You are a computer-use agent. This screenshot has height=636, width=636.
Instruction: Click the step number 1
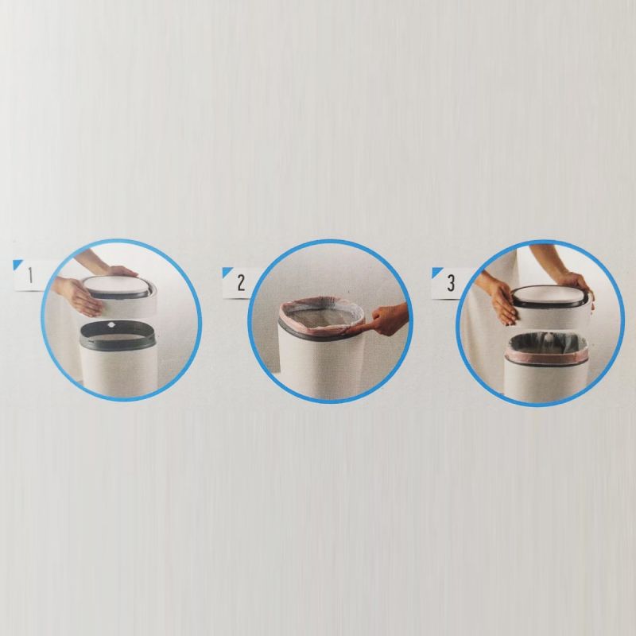coord(30,276)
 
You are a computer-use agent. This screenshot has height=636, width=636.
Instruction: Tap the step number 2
coord(241,283)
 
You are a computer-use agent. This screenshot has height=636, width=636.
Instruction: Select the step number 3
coord(451,283)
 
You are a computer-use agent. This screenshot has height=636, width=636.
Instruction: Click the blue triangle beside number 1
coord(17,264)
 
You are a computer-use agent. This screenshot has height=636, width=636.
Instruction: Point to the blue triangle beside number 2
coord(227,272)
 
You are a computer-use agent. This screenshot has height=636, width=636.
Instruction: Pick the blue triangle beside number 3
coord(436,272)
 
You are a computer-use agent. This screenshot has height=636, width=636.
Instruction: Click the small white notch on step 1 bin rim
coord(111,324)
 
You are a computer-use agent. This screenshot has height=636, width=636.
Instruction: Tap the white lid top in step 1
coord(118,284)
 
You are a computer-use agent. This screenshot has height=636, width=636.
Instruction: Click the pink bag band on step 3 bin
coord(545,357)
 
